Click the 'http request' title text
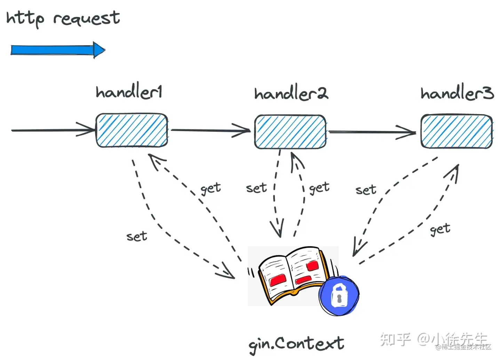point(63,18)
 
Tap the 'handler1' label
point(129,92)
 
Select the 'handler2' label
point(291,93)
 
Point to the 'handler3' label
point(457,93)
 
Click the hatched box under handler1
point(132,130)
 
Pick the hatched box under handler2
point(290,132)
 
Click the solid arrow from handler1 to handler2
point(210,130)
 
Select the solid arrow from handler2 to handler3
point(372,132)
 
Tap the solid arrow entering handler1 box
point(52,130)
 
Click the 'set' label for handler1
point(136,237)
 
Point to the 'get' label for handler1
point(210,189)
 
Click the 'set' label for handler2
point(256,188)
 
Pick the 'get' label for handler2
point(319,188)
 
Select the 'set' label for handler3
point(366,190)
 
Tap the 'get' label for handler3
point(440,229)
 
